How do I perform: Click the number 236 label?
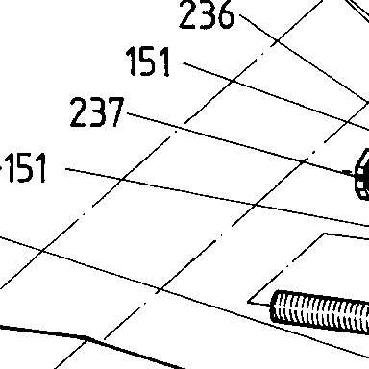[207, 14]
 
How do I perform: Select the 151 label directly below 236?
[148, 61]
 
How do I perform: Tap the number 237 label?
[96, 111]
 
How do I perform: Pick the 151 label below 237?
[26, 167]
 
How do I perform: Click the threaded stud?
[320, 311]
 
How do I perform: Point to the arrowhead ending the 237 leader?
[349, 173]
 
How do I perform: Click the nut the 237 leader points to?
[361, 174]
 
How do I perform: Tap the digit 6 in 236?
[225, 14]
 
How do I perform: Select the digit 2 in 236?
[187, 14]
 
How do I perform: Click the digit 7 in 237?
[115, 111]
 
